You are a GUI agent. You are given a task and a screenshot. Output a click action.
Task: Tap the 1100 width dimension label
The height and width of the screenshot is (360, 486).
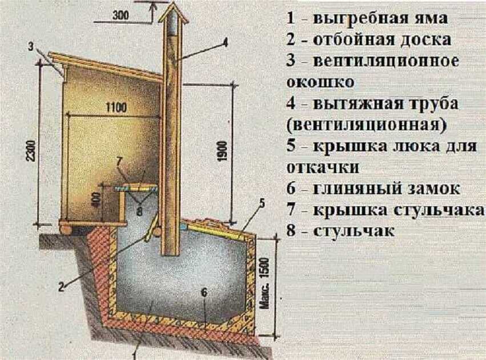click(x=116, y=107)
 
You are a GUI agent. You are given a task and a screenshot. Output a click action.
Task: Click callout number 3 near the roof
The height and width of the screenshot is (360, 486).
click(x=31, y=46)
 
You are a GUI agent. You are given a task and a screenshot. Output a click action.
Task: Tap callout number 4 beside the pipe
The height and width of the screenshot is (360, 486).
click(x=224, y=42)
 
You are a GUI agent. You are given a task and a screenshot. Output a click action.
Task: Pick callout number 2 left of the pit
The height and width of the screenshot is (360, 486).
click(x=62, y=287)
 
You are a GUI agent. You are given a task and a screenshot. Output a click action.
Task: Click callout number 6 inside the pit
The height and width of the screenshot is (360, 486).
click(x=204, y=291)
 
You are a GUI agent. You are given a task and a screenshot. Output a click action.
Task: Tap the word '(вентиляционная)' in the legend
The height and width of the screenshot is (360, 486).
click(x=367, y=125)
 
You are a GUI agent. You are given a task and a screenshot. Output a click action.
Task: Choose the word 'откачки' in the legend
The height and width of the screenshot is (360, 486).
click(x=323, y=167)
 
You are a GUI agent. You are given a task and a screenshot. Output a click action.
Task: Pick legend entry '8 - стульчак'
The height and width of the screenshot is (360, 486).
click(x=340, y=231)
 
